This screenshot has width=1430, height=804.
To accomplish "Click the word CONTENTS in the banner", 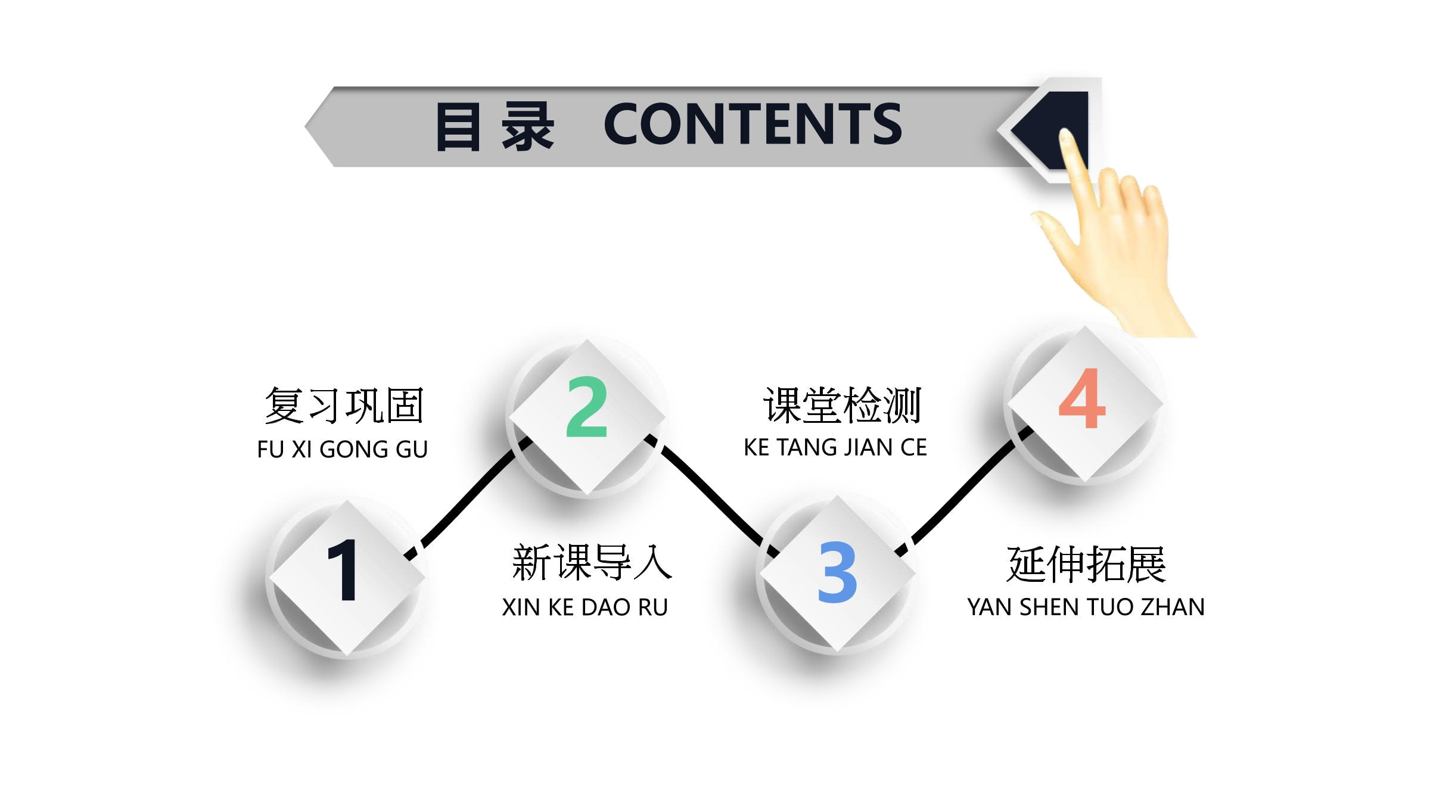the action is point(753,123).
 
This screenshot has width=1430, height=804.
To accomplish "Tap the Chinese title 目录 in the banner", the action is point(495,126).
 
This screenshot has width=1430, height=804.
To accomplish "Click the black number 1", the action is point(344,569).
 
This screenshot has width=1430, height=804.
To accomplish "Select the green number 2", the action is point(587,407).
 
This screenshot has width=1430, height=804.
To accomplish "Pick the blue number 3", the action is point(837,572).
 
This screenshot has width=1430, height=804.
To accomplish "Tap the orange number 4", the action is point(1082,398).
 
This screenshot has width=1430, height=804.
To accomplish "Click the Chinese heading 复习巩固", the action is point(344,406).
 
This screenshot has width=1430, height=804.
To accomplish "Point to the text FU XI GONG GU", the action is point(343,450).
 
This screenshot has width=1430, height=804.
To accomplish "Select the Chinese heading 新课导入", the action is point(592,562).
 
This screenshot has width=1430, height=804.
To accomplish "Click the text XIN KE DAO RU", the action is point(585,607).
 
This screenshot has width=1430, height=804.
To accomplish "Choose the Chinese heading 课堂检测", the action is point(842,406).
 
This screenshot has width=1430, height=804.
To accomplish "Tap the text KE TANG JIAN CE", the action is point(835,447).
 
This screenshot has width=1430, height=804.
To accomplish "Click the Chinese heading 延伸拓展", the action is point(1086,564).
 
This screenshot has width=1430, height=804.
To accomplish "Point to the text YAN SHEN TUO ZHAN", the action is point(1086,607).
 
